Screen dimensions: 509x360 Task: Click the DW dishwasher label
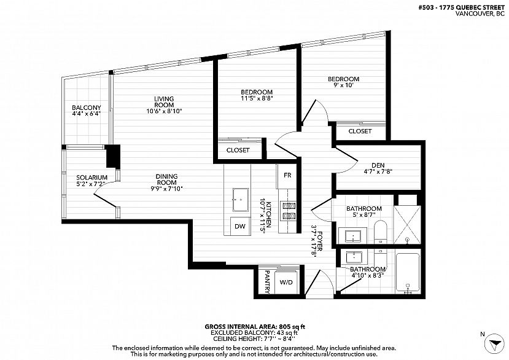240,227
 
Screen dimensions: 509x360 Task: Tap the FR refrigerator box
287,176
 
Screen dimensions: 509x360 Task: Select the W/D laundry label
286,283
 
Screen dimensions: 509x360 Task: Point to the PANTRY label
267,282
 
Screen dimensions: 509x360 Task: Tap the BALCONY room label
87,108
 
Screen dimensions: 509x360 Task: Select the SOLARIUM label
92,178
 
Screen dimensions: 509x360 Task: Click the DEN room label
378,165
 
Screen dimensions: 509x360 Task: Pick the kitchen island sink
241,200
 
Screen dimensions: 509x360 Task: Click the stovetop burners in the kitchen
287,211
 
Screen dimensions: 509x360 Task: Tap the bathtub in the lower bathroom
408,272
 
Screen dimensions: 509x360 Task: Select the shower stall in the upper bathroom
407,224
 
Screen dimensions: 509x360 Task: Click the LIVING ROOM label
164,102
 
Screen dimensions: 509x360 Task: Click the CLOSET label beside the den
360,131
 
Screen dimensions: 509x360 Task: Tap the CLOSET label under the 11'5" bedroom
238,150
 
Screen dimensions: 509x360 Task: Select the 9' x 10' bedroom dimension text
343,85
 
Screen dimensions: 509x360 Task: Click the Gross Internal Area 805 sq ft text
255,327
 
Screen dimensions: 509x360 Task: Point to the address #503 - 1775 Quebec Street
462,8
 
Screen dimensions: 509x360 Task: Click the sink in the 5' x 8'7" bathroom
353,235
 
